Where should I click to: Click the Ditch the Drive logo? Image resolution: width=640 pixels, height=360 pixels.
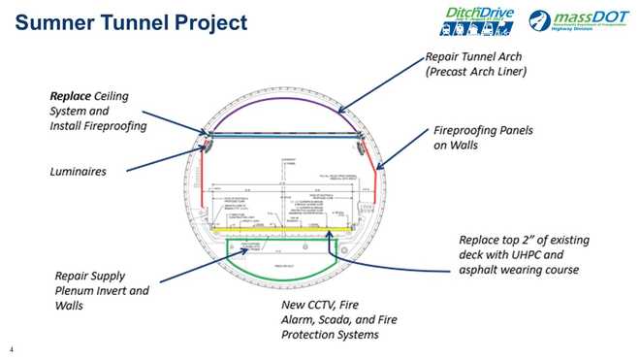coord(473,18)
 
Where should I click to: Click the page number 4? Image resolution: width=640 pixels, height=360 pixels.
coord(11,348)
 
